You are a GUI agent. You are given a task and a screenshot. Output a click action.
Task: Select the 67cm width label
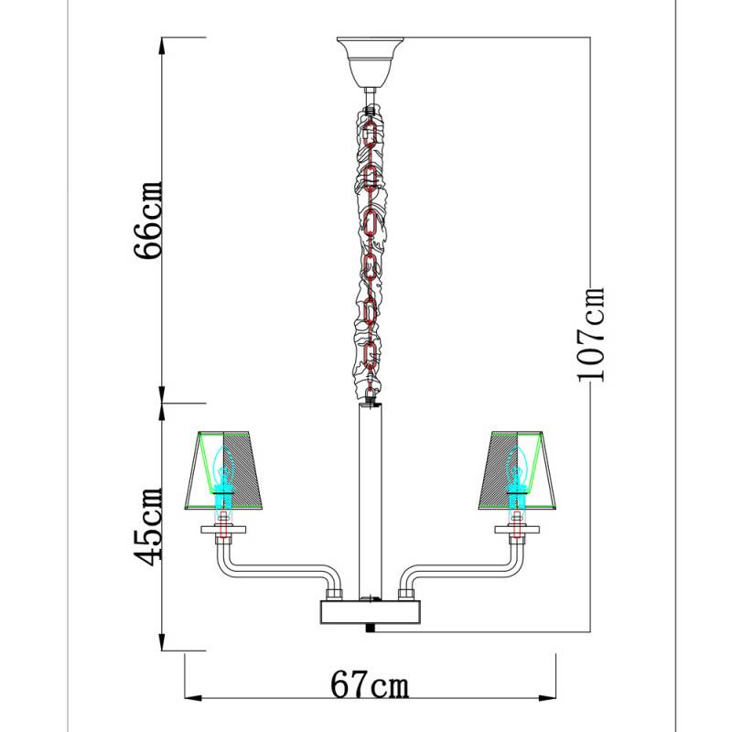click(x=371, y=684)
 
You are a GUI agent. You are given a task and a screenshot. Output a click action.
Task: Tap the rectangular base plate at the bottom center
click(x=370, y=611)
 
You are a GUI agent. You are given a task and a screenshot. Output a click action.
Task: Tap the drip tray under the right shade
click(x=519, y=530)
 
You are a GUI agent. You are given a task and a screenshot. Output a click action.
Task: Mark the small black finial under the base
click(x=370, y=628)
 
